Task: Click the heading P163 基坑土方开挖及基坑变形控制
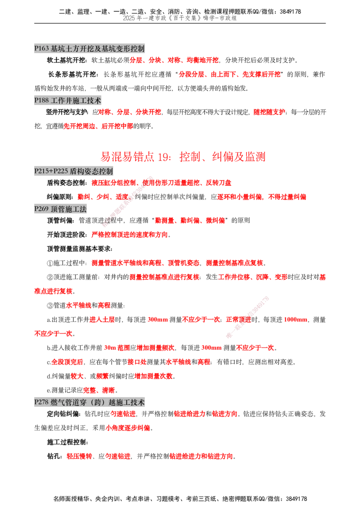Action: (90, 49)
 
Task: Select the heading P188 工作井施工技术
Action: (67, 101)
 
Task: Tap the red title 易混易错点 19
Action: (135, 157)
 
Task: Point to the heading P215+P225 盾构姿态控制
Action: (74, 171)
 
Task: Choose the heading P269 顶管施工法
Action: (60, 209)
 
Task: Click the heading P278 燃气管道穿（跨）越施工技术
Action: (90, 402)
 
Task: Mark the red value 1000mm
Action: (295, 320)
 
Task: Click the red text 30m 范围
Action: (117, 348)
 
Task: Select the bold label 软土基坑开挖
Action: (66, 60)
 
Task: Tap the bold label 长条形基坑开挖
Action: (72, 75)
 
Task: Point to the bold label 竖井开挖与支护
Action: (67, 112)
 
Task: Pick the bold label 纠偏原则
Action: (60, 197)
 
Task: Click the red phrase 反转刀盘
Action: (218, 183)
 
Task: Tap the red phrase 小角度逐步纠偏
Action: (128, 428)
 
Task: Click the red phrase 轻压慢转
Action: (79, 456)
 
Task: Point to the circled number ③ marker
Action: (50, 306)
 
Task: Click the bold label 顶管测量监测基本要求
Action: (80, 249)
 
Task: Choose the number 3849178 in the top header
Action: (290, 12)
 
